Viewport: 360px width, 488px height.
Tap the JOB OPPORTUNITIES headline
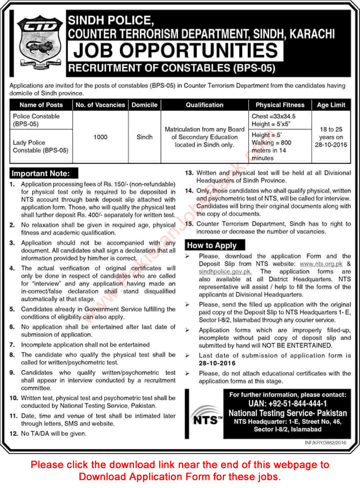click(x=175, y=51)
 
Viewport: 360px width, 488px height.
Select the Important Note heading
click(x=44, y=174)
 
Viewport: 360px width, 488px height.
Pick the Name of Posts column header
click(x=41, y=105)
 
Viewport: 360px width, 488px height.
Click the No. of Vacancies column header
click(x=100, y=105)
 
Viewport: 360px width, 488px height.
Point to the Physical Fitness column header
click(x=280, y=105)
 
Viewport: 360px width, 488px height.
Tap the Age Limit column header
click(x=331, y=105)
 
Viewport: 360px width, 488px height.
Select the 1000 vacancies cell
click(x=100, y=137)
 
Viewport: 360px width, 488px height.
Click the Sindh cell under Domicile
click(x=144, y=137)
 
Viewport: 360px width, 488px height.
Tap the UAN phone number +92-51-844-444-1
click(x=288, y=404)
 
